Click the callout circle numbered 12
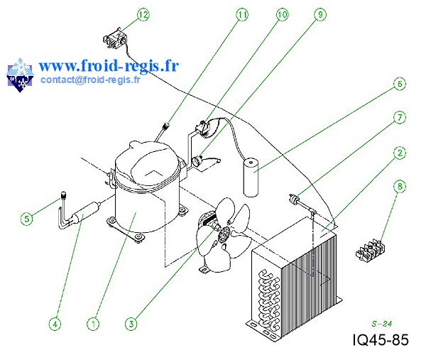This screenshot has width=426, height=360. [143, 14]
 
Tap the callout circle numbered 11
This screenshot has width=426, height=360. [243, 14]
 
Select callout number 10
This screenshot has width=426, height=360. [282, 14]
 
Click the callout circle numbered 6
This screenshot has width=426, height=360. [400, 84]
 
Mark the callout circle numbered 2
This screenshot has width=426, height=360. [400, 153]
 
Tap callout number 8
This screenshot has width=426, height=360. [400, 187]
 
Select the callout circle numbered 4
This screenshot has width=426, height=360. [55, 323]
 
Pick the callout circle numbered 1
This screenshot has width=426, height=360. [93, 323]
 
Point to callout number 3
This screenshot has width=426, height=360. [131, 323]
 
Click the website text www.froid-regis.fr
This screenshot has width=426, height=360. [109, 65]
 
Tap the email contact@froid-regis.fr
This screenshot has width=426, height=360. [90, 80]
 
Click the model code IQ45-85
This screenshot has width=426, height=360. [380, 340]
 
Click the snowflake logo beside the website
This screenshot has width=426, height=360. [20, 75]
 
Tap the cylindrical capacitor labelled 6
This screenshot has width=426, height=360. [251, 178]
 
